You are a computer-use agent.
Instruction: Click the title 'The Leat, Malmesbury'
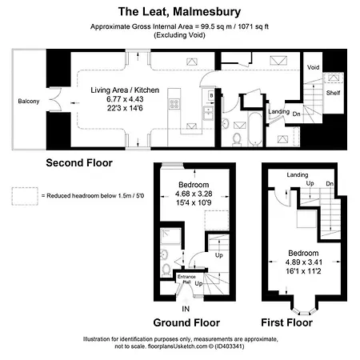(x=179, y=12)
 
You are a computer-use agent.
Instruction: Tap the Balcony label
(x=29, y=102)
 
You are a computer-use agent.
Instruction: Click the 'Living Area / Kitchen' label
(x=125, y=90)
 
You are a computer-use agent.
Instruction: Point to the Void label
(x=313, y=67)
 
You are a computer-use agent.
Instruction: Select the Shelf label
(x=333, y=93)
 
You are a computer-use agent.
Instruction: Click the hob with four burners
(x=174, y=103)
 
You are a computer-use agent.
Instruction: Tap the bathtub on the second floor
(x=255, y=129)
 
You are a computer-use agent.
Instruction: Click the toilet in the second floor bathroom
(x=237, y=139)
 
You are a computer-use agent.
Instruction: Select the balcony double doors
(x=55, y=99)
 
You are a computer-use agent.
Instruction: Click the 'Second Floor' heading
(x=79, y=162)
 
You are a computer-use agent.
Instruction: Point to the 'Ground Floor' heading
(x=186, y=322)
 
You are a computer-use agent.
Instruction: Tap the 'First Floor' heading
(x=286, y=322)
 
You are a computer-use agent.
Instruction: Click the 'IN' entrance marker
(x=186, y=309)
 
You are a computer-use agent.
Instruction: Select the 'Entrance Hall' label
(x=186, y=279)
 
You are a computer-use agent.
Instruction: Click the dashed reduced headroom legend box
(x=25, y=196)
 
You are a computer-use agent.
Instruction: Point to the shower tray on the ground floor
(x=170, y=236)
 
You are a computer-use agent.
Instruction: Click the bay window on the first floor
(x=304, y=311)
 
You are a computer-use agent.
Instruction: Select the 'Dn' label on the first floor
(x=330, y=184)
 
